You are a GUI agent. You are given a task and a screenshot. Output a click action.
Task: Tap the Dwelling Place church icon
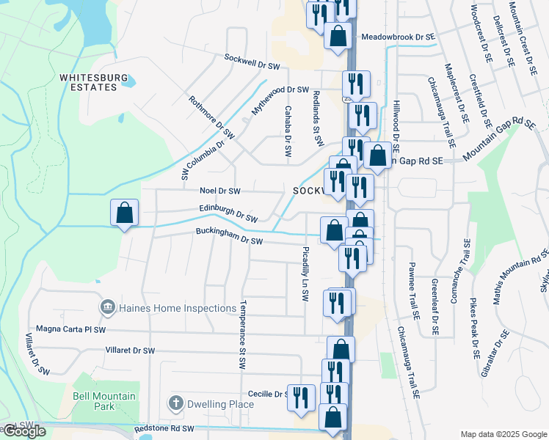click(x=175, y=403)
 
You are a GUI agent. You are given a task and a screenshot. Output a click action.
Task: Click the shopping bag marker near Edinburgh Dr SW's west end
click(x=124, y=213)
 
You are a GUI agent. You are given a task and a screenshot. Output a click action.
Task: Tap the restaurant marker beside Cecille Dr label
click(x=301, y=397)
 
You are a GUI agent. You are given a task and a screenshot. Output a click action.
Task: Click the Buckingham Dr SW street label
click(x=228, y=236)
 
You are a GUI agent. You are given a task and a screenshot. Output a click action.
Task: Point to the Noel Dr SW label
click(x=220, y=191)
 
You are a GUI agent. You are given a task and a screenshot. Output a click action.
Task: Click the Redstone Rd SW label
click(x=164, y=428)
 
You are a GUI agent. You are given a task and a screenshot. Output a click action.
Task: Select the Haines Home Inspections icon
click(x=107, y=307)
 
